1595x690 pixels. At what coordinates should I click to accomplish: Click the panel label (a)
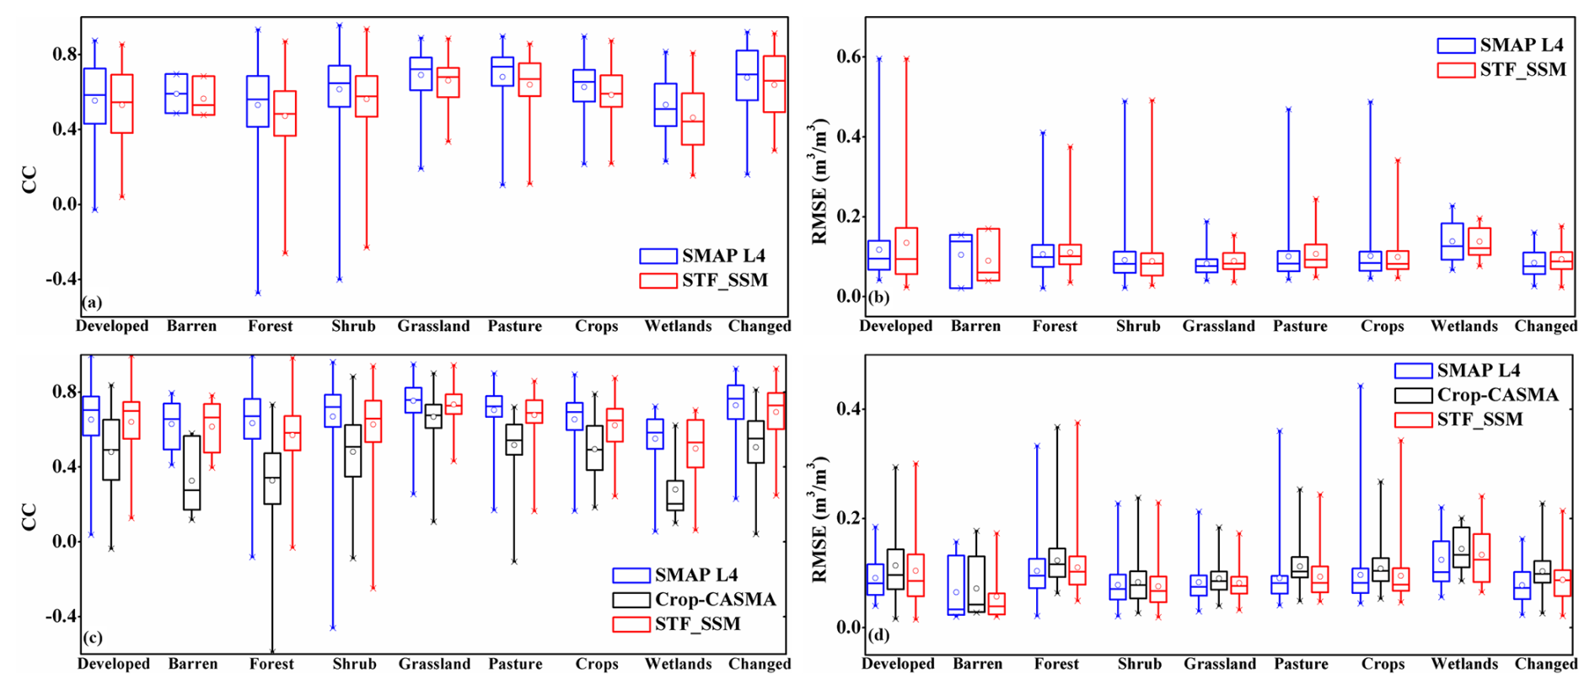coord(92,302)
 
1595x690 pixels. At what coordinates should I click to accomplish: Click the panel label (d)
coord(878,634)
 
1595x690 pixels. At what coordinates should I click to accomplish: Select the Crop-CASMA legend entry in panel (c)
coord(715,599)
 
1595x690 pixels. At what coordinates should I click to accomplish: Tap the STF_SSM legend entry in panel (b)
coord(1522,69)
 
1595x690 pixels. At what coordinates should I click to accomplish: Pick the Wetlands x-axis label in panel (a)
coord(678,326)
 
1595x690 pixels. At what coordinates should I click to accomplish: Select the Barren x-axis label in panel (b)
coord(975,326)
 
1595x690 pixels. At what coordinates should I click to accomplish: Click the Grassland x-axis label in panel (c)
coord(434,664)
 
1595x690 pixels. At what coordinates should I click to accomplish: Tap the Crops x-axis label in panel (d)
coord(1383,664)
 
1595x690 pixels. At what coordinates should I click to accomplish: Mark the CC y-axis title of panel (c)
coord(30,516)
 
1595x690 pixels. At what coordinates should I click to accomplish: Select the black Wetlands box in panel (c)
coord(674,495)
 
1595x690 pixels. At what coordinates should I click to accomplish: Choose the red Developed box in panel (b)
coord(906,250)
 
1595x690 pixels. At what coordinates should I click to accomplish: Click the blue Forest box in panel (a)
coord(257,101)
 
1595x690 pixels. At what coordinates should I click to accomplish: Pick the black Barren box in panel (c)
coord(191,472)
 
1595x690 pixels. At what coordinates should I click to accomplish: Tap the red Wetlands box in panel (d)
coord(1481,558)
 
